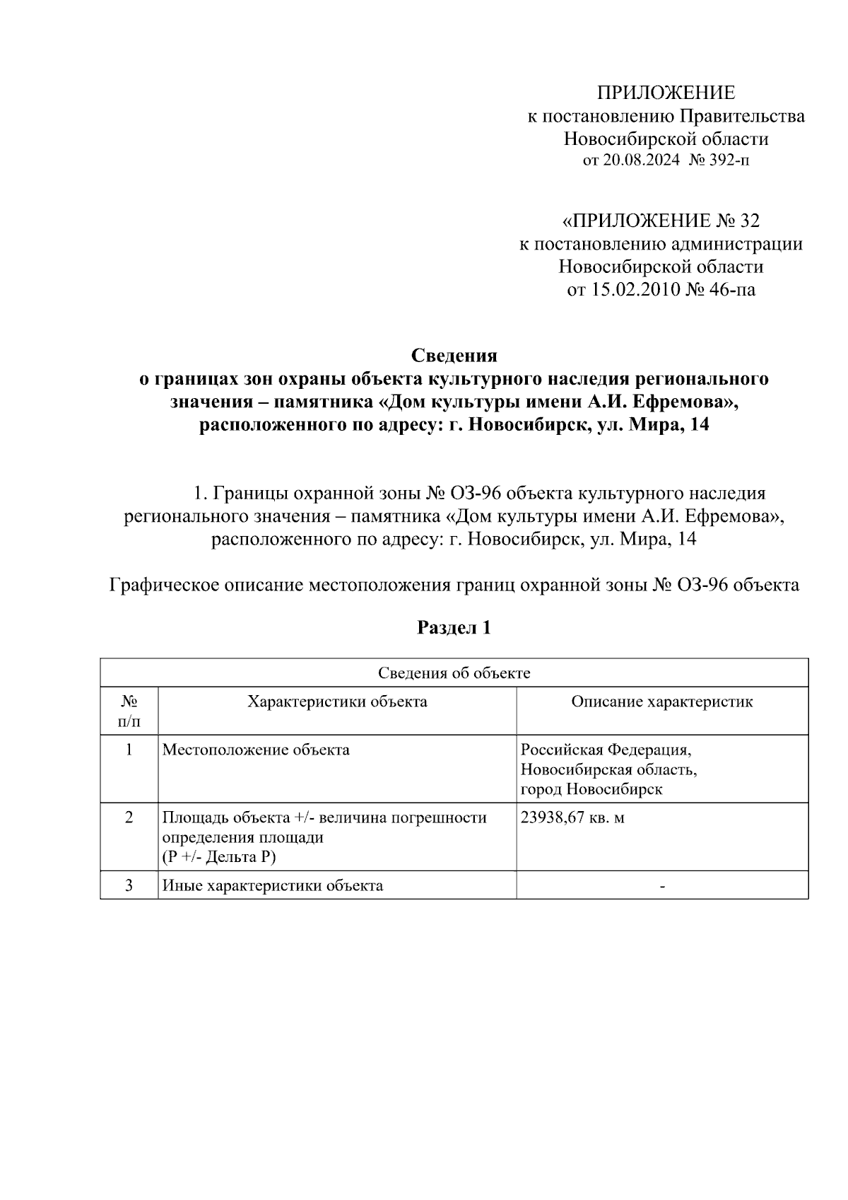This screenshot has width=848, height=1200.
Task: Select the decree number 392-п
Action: (729, 161)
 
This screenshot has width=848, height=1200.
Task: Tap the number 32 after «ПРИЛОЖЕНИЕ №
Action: (748, 221)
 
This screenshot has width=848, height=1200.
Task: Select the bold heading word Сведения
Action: (454, 355)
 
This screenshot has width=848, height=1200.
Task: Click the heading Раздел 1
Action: (454, 627)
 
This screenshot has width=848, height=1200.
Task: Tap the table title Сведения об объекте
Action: (454, 672)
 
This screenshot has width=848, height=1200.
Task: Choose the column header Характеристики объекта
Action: (336, 701)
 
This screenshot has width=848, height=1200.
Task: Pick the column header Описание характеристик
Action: (661, 701)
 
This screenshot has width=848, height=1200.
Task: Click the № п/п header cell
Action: (129, 711)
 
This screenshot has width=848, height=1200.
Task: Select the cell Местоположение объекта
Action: (256, 750)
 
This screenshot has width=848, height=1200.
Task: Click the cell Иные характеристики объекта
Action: (273, 885)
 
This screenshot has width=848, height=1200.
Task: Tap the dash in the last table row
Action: (661, 885)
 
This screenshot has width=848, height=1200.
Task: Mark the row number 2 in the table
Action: (129, 817)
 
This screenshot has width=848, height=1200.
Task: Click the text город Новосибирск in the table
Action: (591, 789)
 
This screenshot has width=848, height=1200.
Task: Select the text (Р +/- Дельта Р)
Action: (218, 857)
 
